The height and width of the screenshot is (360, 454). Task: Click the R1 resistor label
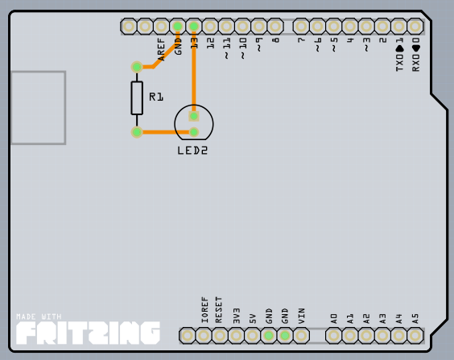[x=156, y=97]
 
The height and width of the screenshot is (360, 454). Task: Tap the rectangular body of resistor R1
[x=137, y=98]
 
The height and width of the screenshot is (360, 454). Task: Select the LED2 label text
[x=192, y=151]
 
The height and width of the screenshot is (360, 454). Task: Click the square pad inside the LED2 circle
[x=194, y=116]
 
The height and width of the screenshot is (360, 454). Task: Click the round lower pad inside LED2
[x=194, y=132]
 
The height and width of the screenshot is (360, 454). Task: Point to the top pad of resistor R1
[x=137, y=67]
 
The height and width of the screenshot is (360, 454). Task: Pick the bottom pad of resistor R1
[x=137, y=132]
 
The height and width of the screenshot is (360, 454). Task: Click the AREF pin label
[x=161, y=49]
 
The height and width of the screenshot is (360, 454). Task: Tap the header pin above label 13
[x=194, y=27]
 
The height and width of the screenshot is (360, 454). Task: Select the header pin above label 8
[x=275, y=27]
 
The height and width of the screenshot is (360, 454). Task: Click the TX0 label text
[x=399, y=63]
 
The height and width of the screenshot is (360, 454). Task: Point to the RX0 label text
[x=415, y=63]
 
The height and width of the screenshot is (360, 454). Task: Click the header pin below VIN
[x=301, y=336]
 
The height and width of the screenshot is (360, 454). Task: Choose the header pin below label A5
[x=415, y=336]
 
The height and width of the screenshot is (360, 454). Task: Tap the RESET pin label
[x=219, y=310]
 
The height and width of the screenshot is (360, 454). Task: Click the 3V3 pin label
[x=237, y=316]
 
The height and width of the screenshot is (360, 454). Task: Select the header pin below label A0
[x=333, y=336]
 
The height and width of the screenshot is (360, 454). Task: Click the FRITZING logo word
[x=88, y=333]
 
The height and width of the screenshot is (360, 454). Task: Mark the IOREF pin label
[x=204, y=310]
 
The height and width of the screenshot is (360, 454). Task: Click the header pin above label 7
[x=301, y=27]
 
